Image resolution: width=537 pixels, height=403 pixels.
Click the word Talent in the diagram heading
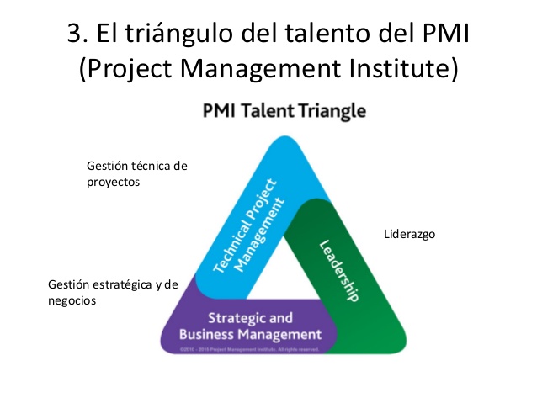[x=274, y=110]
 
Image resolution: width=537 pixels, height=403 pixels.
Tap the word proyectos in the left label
[x=113, y=181]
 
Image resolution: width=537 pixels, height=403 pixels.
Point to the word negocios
[x=72, y=300]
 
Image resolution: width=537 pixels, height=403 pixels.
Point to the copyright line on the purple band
[x=247, y=347]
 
